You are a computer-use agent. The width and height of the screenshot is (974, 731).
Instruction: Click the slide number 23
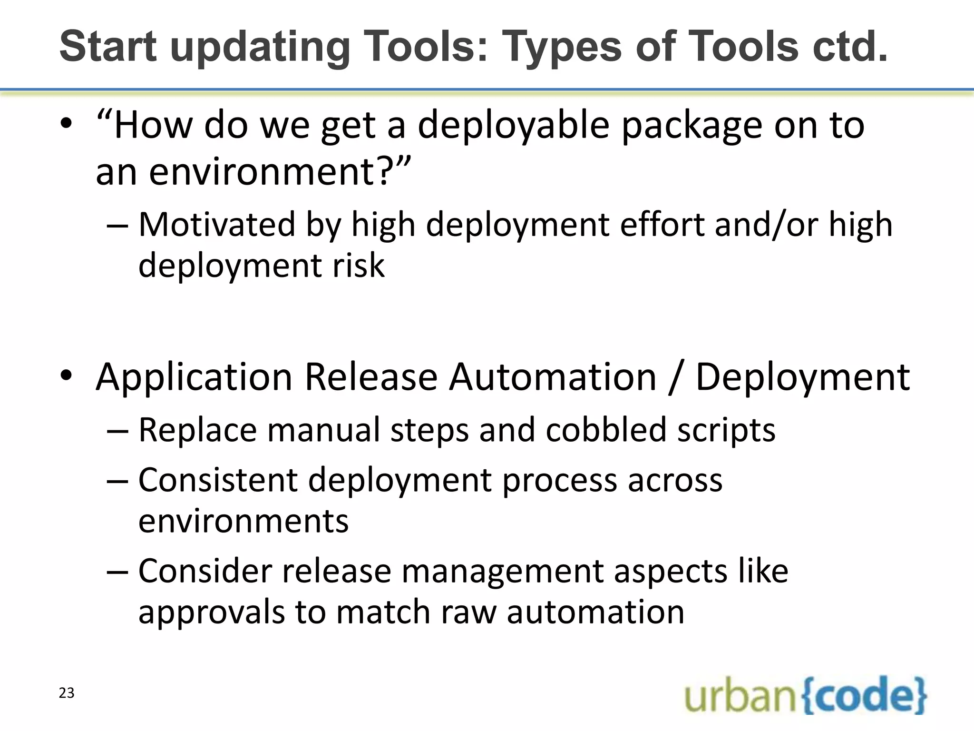(x=67, y=693)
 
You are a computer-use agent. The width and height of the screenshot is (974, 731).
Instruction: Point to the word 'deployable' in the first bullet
(x=514, y=125)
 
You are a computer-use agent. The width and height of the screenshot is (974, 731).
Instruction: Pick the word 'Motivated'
(x=217, y=224)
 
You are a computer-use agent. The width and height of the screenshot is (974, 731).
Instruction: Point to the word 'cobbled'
(x=606, y=430)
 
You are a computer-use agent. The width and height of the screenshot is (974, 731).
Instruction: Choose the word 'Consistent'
(x=218, y=480)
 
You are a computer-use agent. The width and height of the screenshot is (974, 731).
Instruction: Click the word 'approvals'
(x=211, y=612)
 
